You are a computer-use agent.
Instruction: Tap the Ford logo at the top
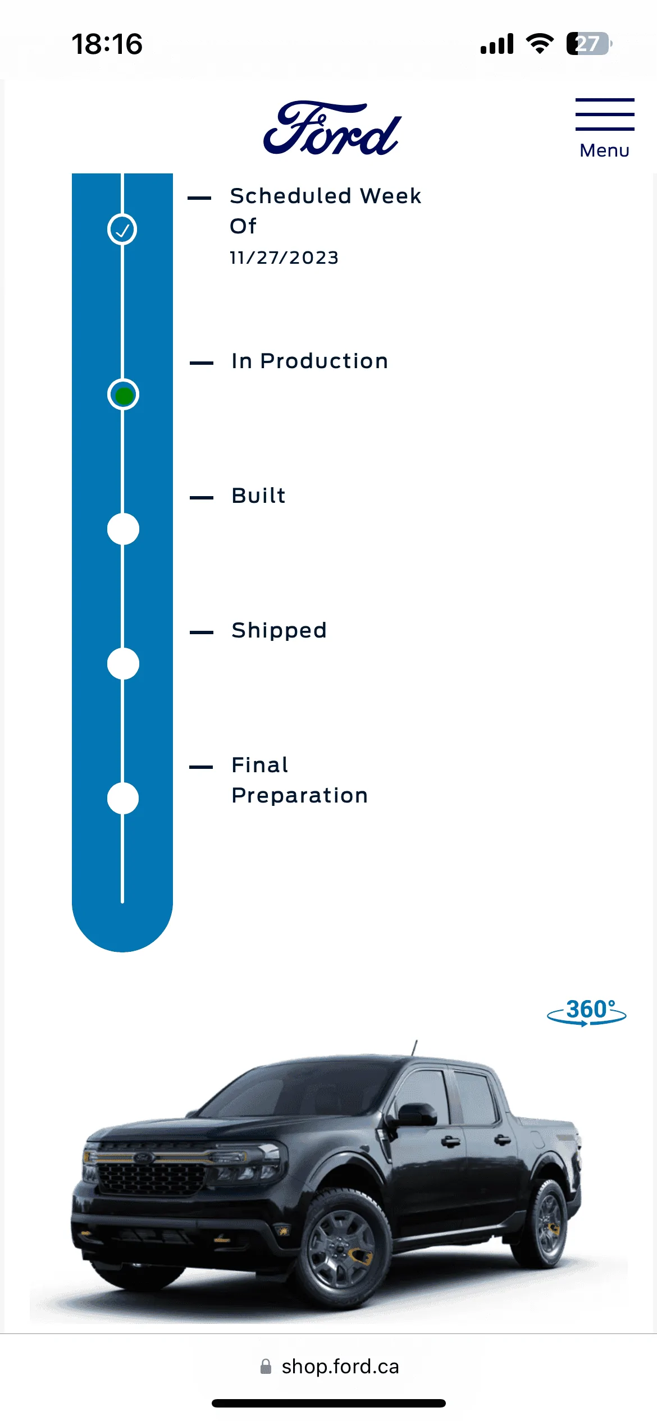click(332, 128)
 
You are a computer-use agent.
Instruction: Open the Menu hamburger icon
click(605, 114)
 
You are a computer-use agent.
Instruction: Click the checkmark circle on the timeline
click(122, 230)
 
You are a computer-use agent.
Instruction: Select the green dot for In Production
click(124, 395)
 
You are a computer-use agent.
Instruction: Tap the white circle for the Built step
click(123, 529)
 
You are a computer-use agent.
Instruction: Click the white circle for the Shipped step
click(123, 663)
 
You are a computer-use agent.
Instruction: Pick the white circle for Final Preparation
click(123, 798)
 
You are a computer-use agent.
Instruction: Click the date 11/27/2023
click(284, 258)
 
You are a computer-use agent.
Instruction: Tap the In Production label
click(309, 361)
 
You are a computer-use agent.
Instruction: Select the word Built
click(258, 496)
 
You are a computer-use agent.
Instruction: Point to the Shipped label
click(279, 631)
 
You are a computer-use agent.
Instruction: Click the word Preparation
click(300, 796)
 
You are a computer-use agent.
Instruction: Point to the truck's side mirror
click(414, 1115)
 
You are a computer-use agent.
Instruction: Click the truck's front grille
click(150, 1177)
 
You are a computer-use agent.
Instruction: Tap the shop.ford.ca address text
click(340, 1367)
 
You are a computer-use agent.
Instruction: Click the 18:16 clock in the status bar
click(107, 44)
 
